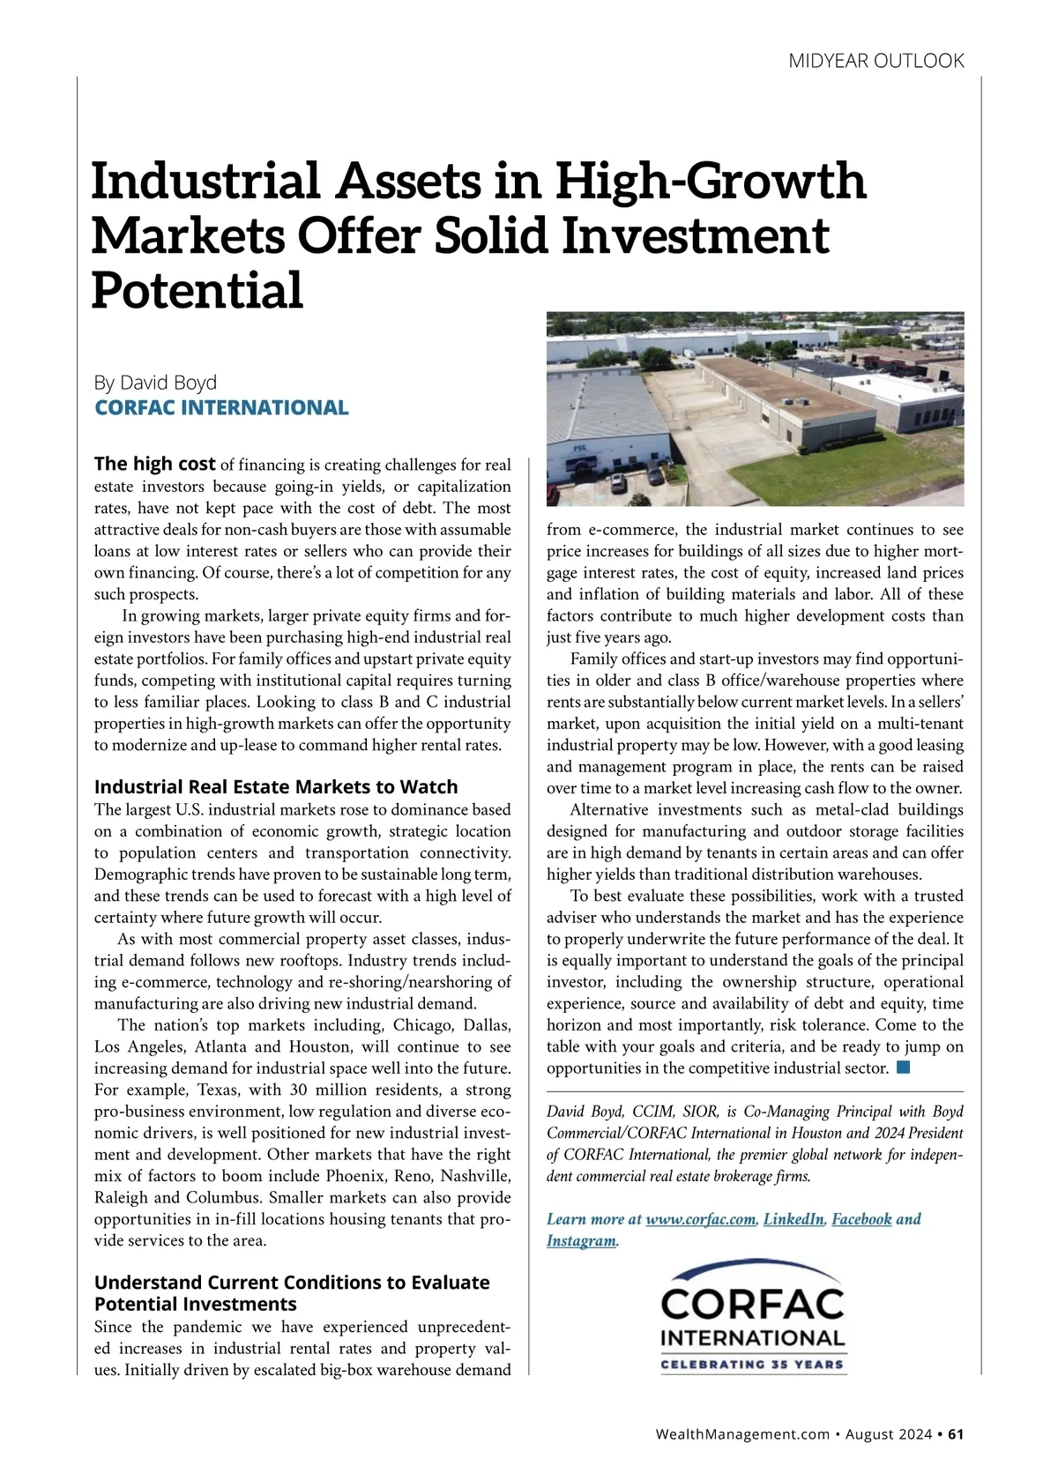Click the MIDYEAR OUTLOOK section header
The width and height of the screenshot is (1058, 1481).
point(875,61)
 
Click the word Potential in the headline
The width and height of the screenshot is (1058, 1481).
point(197,290)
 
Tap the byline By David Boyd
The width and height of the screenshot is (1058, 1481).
point(155,383)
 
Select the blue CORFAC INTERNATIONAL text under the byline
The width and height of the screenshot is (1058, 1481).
point(221,407)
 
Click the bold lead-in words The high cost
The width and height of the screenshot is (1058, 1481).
point(154,464)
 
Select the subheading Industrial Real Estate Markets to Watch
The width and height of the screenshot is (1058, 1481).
point(276,786)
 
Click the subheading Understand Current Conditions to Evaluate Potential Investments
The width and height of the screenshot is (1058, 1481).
point(291,1292)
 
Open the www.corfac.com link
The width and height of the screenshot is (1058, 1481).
point(700,1219)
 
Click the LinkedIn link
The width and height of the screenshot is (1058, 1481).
point(793,1219)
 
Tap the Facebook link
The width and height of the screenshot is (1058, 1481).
point(861,1219)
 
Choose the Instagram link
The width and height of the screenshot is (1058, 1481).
point(581,1241)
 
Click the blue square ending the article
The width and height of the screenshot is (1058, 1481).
point(903,1068)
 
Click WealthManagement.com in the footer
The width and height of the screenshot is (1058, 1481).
point(742,1434)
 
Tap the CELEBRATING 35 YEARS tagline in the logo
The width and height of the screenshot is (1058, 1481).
point(753,1365)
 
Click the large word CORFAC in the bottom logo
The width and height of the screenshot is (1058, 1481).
point(753,1304)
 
